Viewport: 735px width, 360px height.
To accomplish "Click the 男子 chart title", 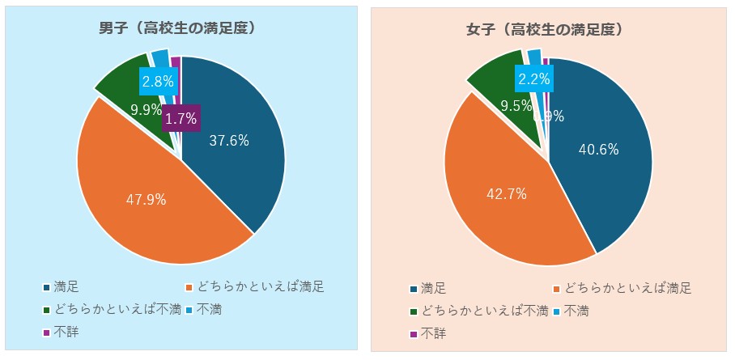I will pos(179,29).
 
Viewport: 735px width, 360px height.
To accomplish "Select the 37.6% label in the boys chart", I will pos(229,141).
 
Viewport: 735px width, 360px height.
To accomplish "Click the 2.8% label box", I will pos(155,81).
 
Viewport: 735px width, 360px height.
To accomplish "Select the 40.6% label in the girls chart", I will pos(599,149).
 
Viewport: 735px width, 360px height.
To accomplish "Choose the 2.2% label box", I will pos(533,79).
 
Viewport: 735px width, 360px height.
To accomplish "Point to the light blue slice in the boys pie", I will pos(161,58).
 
